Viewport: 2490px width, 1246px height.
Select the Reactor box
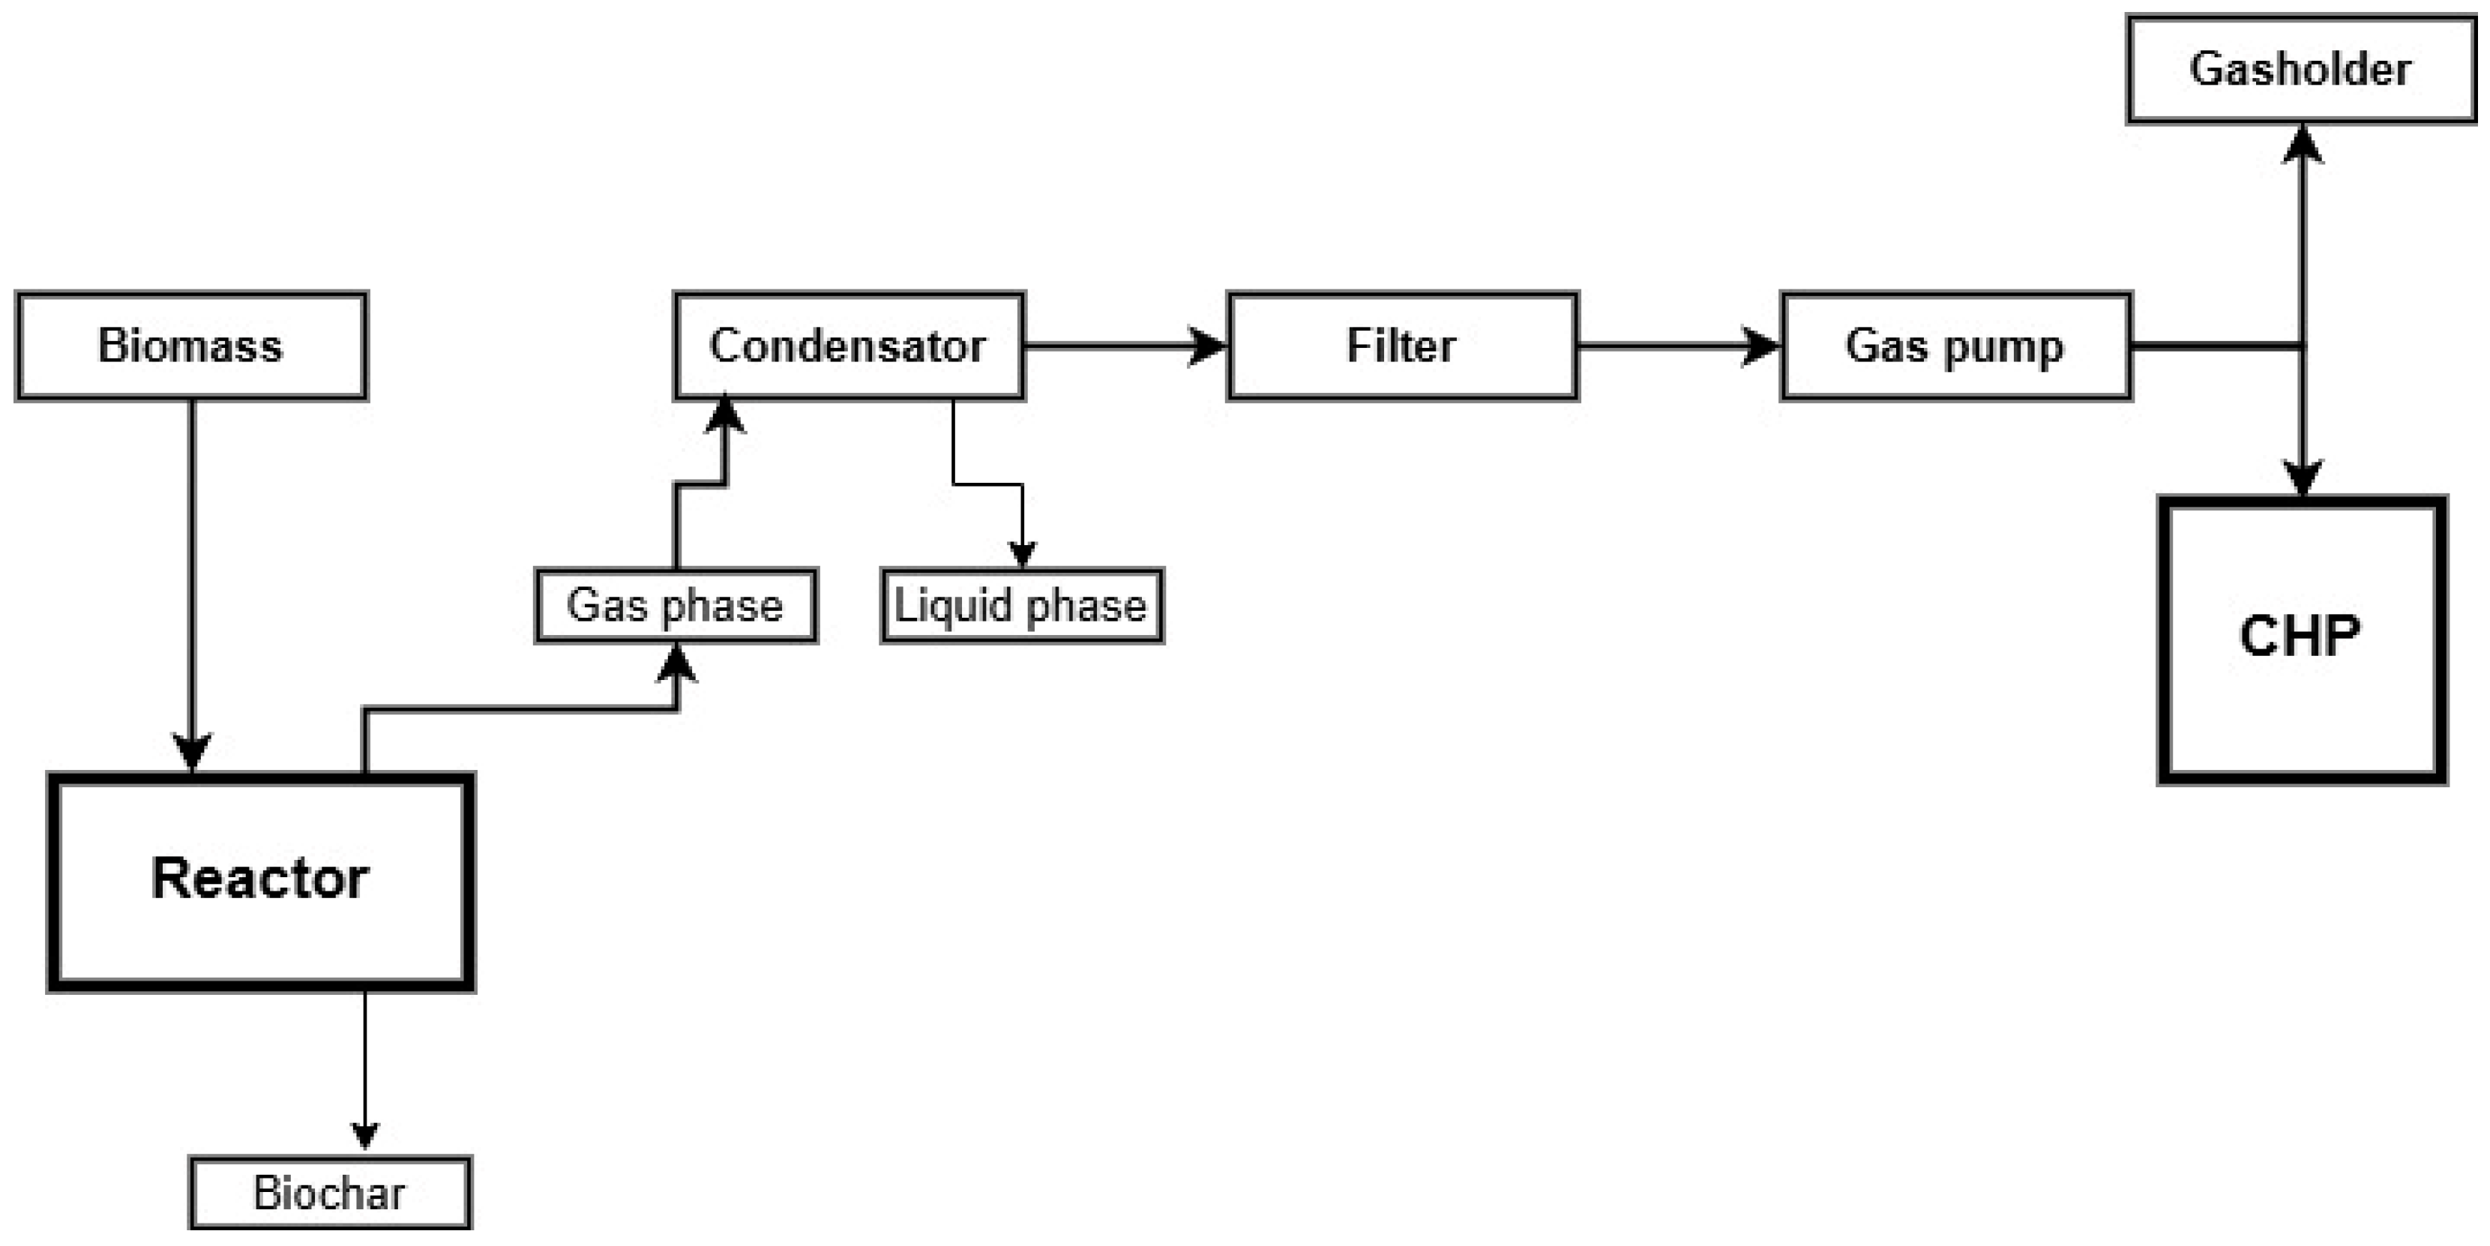point(260,879)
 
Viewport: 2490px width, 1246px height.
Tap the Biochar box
point(330,1193)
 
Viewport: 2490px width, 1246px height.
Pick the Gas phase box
point(675,606)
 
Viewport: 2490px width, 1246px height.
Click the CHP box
point(2300,638)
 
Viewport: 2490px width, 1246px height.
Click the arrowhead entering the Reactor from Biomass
point(191,752)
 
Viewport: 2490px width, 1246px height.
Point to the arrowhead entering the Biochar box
point(364,1136)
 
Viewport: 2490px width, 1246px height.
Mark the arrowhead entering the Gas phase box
point(676,664)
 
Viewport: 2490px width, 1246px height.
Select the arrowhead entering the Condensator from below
point(725,415)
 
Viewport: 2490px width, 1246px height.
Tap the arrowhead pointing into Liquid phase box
point(1023,554)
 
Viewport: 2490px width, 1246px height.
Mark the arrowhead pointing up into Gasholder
point(2303,145)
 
